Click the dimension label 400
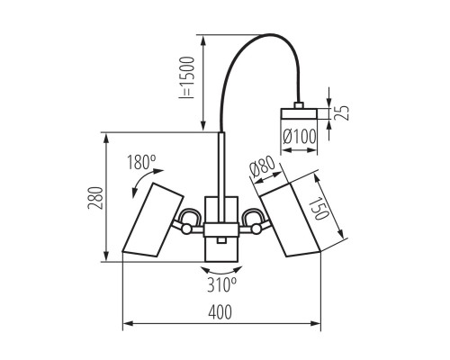pyautogui.click(x=220, y=312)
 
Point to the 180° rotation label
pyautogui.click(x=141, y=163)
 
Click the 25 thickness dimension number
pyautogui.click(x=342, y=112)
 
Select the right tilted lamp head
pyautogui.click(x=292, y=220)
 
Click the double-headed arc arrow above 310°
pyautogui.click(x=221, y=268)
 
